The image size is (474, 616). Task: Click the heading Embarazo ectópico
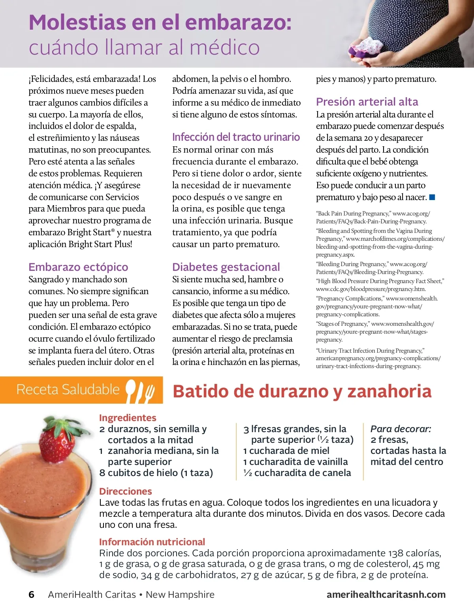[78, 267]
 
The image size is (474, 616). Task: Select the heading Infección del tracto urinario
[236, 137]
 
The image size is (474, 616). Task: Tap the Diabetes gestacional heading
[226, 267]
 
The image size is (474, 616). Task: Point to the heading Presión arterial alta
[367, 102]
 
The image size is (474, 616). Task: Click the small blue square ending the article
[432, 197]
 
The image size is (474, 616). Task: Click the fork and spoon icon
[140, 390]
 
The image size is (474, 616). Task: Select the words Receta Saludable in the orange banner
[68, 390]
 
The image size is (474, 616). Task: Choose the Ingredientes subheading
[128, 418]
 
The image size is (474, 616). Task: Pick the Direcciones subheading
[126, 491]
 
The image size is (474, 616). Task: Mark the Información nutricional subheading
[152, 542]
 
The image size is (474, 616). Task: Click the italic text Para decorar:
[401, 429]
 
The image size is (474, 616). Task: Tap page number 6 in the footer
[32, 595]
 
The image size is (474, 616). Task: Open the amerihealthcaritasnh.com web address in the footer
[386, 595]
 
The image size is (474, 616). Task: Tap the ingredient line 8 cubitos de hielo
[156, 473]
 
